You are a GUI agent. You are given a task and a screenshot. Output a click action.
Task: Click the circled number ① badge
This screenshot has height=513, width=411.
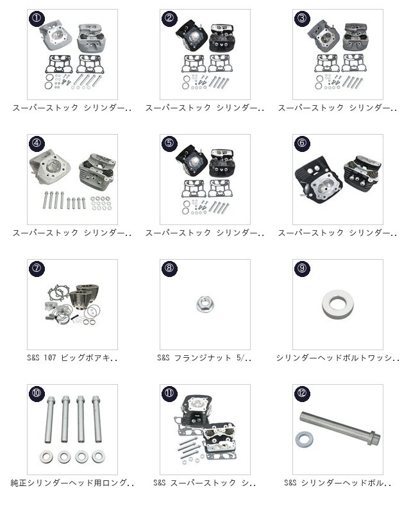click(37, 18)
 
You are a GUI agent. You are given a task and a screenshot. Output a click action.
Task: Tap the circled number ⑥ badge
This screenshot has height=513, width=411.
click(302, 143)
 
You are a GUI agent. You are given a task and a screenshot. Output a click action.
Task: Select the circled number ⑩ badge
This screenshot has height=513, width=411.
click(37, 393)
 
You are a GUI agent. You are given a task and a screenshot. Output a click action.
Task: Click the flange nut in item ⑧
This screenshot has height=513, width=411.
click(205, 304)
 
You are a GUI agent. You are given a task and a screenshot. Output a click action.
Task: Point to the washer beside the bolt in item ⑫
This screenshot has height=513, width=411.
click(304, 439)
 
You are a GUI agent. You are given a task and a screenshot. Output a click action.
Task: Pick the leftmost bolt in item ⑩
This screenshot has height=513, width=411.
click(51, 419)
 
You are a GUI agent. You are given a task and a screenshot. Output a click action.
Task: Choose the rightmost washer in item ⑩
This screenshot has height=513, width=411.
click(99, 457)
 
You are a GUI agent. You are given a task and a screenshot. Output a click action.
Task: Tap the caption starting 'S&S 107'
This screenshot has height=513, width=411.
click(72, 358)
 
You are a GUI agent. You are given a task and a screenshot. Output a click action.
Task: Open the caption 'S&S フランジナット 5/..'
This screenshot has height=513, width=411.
click(205, 358)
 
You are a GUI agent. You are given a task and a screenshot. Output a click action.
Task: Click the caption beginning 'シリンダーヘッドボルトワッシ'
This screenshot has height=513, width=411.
click(338, 358)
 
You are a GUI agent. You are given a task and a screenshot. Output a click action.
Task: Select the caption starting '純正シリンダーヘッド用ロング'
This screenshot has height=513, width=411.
click(72, 483)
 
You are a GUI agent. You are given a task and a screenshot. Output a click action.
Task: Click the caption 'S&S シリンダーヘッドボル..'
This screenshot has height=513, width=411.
click(338, 483)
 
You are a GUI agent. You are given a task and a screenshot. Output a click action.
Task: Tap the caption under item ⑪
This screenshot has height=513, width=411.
click(205, 483)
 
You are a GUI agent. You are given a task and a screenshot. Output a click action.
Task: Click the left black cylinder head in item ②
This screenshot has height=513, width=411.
click(192, 35)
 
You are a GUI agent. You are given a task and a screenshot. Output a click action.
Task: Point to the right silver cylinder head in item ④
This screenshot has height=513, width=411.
click(97, 168)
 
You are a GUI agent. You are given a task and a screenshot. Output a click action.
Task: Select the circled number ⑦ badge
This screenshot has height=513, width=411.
click(37, 268)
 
